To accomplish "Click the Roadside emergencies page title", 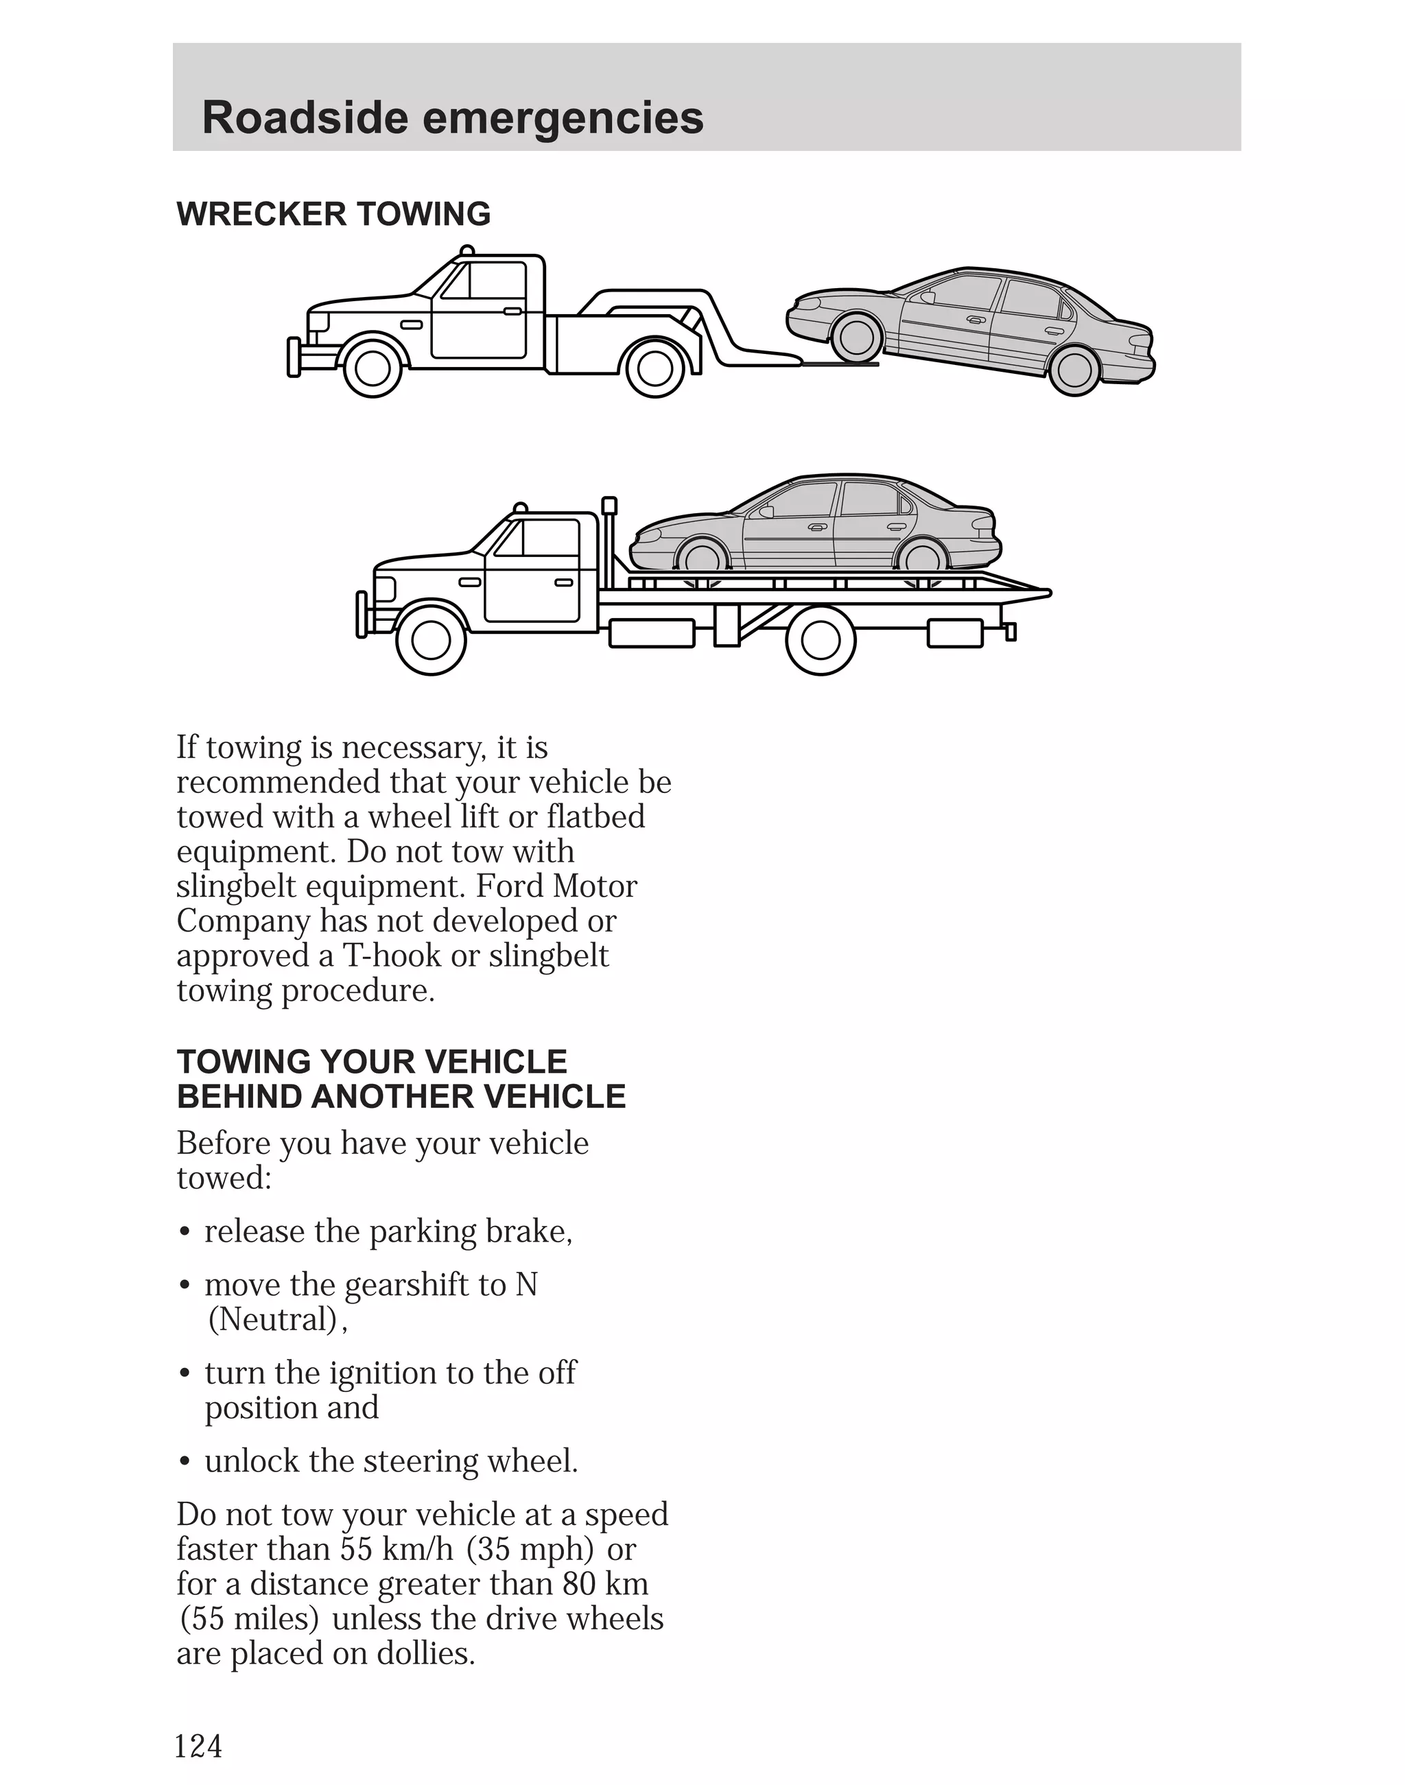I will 452,117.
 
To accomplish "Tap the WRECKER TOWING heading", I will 333,214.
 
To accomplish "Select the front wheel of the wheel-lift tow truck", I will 373,368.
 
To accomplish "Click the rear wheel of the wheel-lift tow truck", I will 654,368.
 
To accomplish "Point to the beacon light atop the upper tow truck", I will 467,250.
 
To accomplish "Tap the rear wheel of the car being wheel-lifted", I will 1074,369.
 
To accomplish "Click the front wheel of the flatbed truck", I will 430,640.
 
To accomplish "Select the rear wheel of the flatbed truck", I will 820,640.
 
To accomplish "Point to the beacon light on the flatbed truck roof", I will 520,508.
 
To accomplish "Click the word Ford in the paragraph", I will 510,887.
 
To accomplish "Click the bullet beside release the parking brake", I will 186,1233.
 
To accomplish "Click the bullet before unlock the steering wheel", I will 186,1463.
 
